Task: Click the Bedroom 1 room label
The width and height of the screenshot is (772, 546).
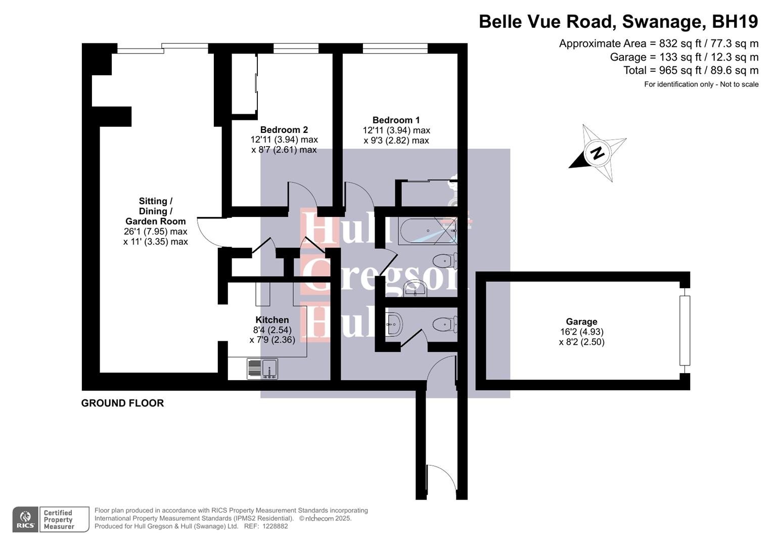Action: click(396, 120)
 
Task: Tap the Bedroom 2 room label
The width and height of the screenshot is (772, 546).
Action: click(284, 130)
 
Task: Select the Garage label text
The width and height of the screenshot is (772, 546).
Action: click(581, 322)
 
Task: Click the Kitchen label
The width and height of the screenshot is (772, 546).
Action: click(272, 320)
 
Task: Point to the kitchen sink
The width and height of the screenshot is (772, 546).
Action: click(262, 369)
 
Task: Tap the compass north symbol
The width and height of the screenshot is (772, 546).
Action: click(598, 153)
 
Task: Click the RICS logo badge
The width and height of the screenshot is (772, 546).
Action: click(25, 519)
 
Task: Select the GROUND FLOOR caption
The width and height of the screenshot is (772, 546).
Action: click(122, 403)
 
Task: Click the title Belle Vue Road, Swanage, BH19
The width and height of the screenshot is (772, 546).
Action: click(618, 22)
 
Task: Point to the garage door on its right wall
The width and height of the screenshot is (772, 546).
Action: click(685, 331)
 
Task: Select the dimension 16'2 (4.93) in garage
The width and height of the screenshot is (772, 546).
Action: click(581, 332)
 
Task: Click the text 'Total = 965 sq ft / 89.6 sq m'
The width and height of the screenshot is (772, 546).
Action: click(691, 70)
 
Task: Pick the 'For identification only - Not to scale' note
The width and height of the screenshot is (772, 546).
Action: click(701, 84)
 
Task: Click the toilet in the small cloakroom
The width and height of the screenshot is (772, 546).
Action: click(445, 324)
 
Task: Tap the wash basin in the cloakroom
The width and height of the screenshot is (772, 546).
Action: click(393, 324)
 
